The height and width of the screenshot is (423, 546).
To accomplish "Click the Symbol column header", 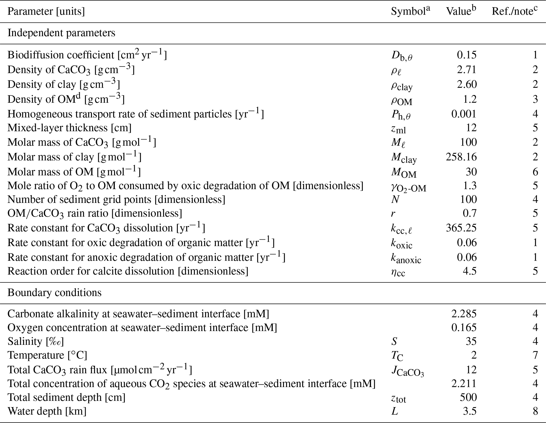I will (410, 12).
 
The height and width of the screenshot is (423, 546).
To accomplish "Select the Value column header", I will (461, 12).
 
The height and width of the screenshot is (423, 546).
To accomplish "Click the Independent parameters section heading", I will (61, 33).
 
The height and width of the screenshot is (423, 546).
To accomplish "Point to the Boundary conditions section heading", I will (54, 293).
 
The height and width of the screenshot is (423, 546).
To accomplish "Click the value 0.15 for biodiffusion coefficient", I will (467, 55).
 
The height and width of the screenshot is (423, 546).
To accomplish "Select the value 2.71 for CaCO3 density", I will (467, 70).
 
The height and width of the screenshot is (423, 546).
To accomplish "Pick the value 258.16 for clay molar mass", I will (461, 157).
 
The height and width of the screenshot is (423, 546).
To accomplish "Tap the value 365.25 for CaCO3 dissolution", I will (461, 228).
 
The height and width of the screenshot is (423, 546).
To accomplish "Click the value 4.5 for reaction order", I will (469, 271).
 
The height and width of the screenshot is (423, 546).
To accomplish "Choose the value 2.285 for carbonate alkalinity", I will (464, 314).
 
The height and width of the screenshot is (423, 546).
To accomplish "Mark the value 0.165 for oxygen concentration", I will (464, 328).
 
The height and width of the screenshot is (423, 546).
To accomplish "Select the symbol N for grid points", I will (395, 199).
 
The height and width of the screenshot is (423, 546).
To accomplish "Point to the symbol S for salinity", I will (394, 341).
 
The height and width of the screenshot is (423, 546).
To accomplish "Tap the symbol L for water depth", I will (394, 411).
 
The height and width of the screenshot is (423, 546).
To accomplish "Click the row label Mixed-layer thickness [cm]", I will (69, 128).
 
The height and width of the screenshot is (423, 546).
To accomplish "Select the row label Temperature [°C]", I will (47, 355).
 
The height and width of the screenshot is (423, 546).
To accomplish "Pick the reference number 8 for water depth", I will (535, 411).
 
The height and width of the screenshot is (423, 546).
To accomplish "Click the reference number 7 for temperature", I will (535, 355).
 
